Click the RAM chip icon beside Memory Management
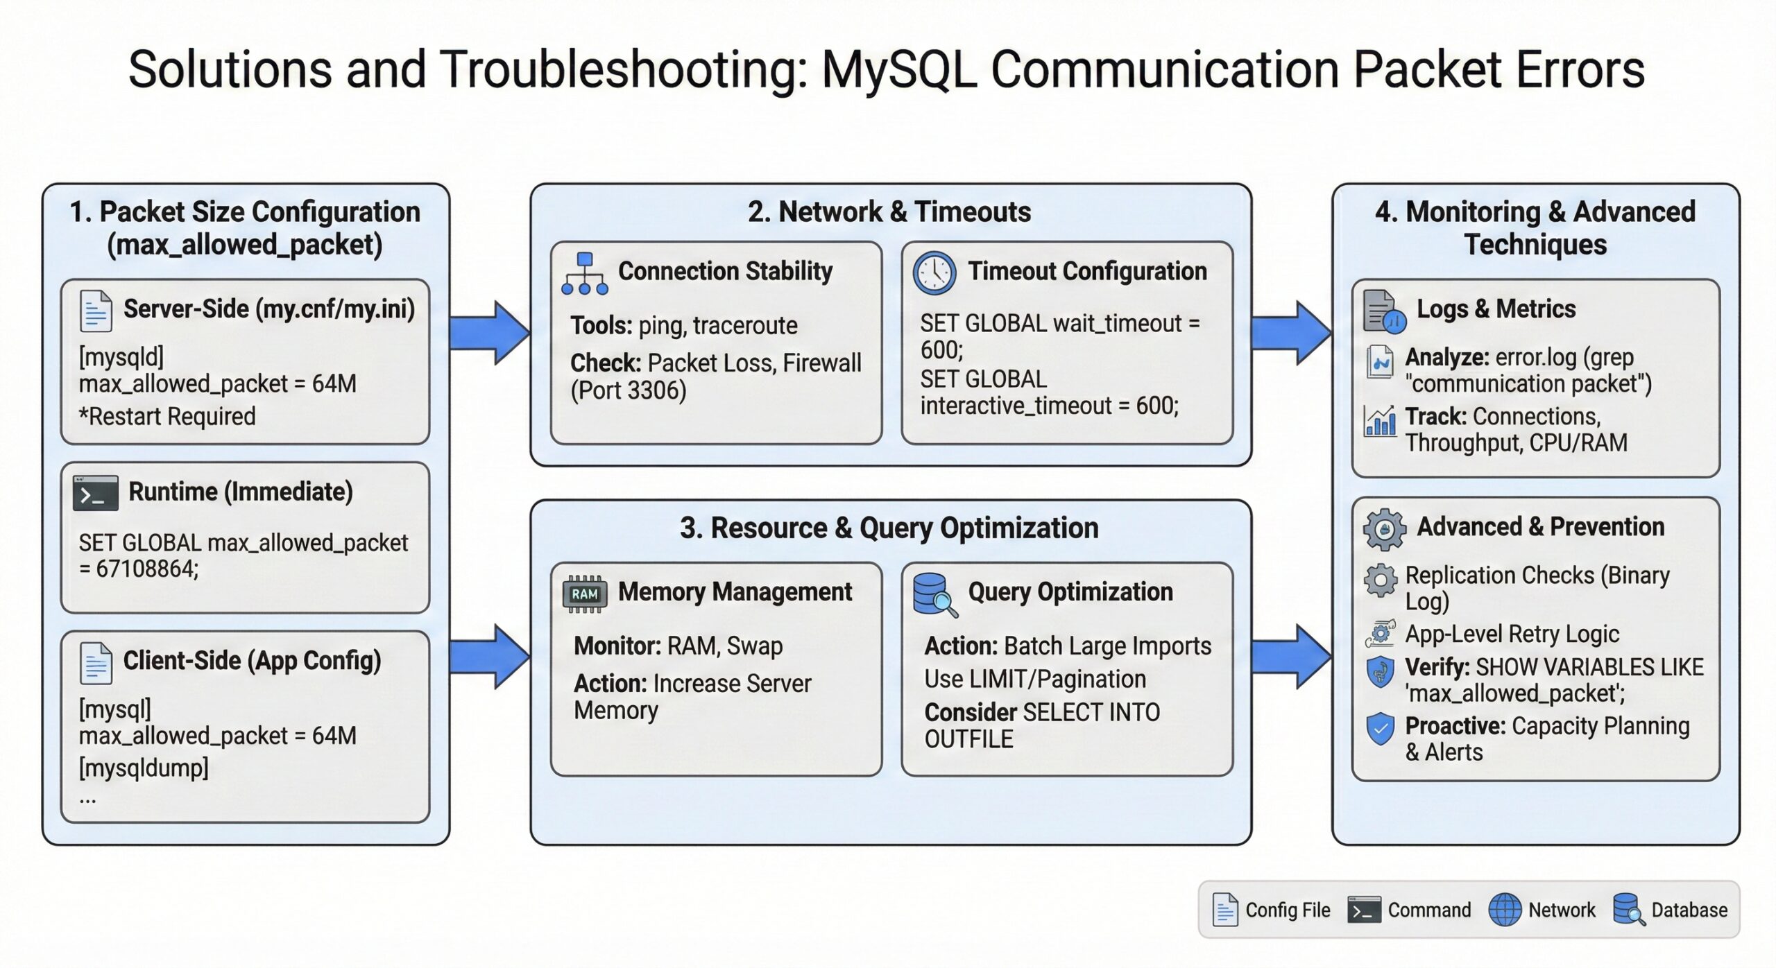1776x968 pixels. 584,594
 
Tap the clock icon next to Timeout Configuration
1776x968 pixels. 934,273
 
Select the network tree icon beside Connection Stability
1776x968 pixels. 584,274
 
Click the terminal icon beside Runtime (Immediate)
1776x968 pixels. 95,493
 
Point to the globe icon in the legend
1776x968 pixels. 1504,910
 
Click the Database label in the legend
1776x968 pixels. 1689,910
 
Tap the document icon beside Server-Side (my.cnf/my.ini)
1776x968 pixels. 95,311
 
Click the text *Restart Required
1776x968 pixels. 167,417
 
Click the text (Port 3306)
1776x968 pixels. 628,390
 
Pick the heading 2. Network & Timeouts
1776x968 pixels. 889,212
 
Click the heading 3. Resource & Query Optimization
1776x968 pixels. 889,528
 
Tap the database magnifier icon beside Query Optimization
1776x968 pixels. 934,595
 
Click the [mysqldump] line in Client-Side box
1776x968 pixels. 144,768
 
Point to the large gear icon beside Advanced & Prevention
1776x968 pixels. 1383,529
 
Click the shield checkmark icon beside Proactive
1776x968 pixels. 1380,728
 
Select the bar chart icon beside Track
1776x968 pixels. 1379,420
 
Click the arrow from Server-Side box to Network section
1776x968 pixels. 489,333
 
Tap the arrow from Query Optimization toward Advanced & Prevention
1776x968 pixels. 1290,656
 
